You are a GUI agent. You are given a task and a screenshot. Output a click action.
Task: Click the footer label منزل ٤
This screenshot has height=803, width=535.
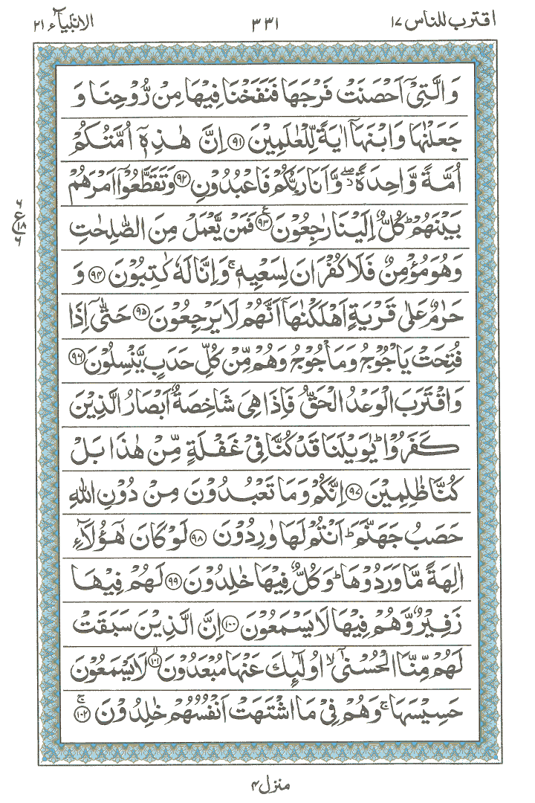[x=267, y=781]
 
